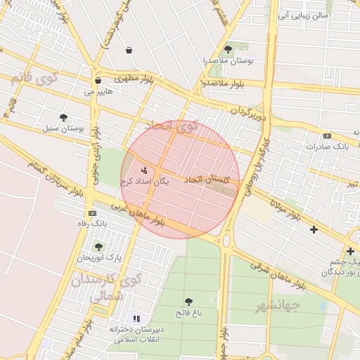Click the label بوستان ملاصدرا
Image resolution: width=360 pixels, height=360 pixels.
point(226,61)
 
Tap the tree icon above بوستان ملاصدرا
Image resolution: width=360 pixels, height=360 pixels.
point(227,49)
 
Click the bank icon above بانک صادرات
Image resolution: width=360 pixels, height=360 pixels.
point(327,136)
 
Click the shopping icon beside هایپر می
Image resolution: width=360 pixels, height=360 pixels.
point(98,81)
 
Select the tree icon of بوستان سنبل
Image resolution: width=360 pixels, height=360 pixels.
point(64,117)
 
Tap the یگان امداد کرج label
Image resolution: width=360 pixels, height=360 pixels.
point(145,181)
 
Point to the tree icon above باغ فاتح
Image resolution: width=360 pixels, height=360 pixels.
point(188,302)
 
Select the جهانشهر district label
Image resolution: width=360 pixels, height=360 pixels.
point(278,306)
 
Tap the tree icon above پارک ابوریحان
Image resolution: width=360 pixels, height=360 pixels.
point(98,247)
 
